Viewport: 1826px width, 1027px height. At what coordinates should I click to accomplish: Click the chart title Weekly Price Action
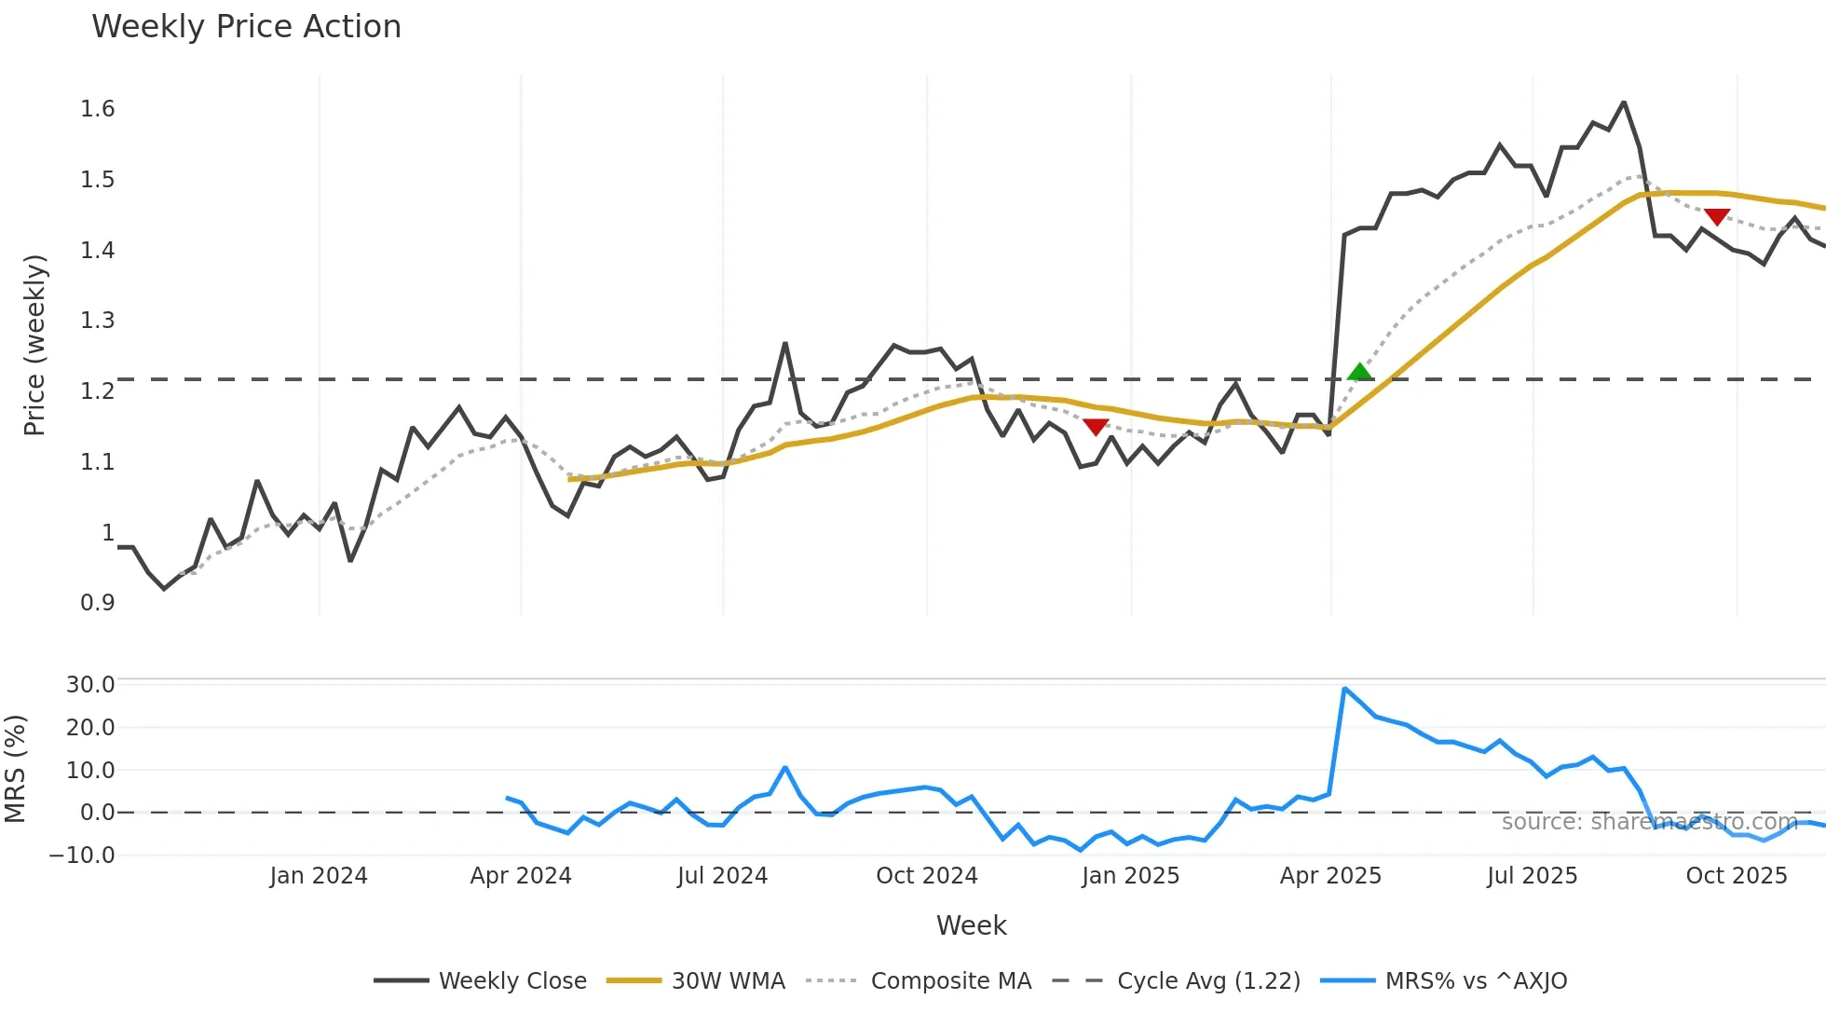pos(246,27)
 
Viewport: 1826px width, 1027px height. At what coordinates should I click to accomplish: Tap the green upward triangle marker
pos(1360,372)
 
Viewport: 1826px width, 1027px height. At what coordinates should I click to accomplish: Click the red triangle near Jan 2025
pos(1096,427)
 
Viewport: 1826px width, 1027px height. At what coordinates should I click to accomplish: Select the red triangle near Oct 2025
pos(1716,217)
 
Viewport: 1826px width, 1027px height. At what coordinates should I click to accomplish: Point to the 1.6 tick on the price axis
pos(98,109)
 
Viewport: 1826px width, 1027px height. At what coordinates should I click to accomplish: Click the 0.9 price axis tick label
pos(98,603)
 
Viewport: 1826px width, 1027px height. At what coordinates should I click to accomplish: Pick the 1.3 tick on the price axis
pos(98,321)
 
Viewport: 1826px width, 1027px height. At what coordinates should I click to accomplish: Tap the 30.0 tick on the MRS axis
pos(90,685)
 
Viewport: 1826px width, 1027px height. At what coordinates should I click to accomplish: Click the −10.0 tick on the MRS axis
pos(82,856)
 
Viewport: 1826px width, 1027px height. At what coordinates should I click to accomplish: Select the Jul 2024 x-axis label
pos(722,876)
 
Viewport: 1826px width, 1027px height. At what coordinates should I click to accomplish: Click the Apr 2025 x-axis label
pos(1330,876)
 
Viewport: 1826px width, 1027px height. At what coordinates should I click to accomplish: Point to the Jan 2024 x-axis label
pos(319,876)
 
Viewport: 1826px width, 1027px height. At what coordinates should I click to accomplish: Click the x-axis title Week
pos(971,925)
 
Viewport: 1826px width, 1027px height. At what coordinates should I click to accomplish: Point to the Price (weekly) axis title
pos(34,345)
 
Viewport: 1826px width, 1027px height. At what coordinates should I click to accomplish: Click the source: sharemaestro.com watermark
pos(1649,822)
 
